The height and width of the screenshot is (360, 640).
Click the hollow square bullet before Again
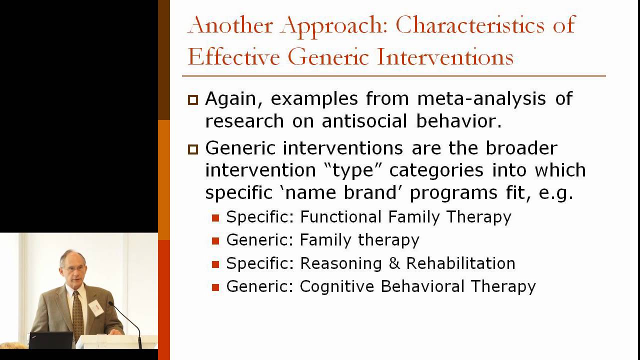click(x=193, y=99)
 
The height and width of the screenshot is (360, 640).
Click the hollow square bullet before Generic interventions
click(x=193, y=149)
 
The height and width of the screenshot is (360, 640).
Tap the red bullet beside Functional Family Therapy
click(x=215, y=218)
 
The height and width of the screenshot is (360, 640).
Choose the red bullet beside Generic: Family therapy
click(x=215, y=241)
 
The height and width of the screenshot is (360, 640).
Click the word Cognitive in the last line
click(x=337, y=286)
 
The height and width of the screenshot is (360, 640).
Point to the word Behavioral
click(x=417, y=286)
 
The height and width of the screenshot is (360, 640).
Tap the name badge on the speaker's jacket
click(x=96, y=307)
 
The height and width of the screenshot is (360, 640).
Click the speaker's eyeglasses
click(x=71, y=268)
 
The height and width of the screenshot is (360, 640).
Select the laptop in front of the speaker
click(x=50, y=340)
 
